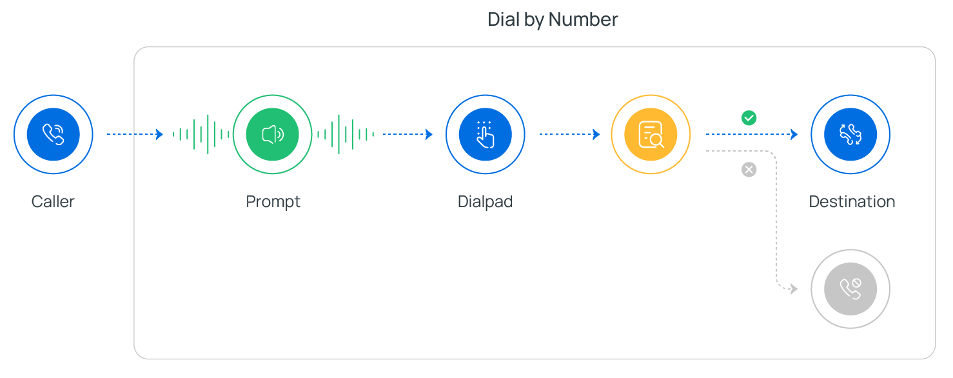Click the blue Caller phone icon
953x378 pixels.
54,134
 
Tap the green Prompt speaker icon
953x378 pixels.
273,134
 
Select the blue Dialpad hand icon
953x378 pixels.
485,134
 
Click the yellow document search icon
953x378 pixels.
651,134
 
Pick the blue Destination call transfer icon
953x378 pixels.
850,134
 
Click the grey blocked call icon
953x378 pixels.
850,289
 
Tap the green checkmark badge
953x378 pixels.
749,118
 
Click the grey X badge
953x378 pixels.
749,170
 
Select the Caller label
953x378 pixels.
53,202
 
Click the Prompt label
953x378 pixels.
273,202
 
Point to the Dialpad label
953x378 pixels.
486,202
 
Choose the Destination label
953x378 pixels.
852,202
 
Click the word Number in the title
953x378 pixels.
584,19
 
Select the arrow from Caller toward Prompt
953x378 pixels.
135,134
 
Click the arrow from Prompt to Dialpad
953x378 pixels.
408,134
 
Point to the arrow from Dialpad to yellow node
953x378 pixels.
569,134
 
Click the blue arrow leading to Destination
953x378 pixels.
752,134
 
